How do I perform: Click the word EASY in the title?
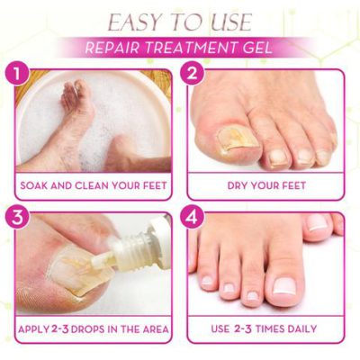(131, 22)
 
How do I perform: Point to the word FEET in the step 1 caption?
(150, 186)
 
